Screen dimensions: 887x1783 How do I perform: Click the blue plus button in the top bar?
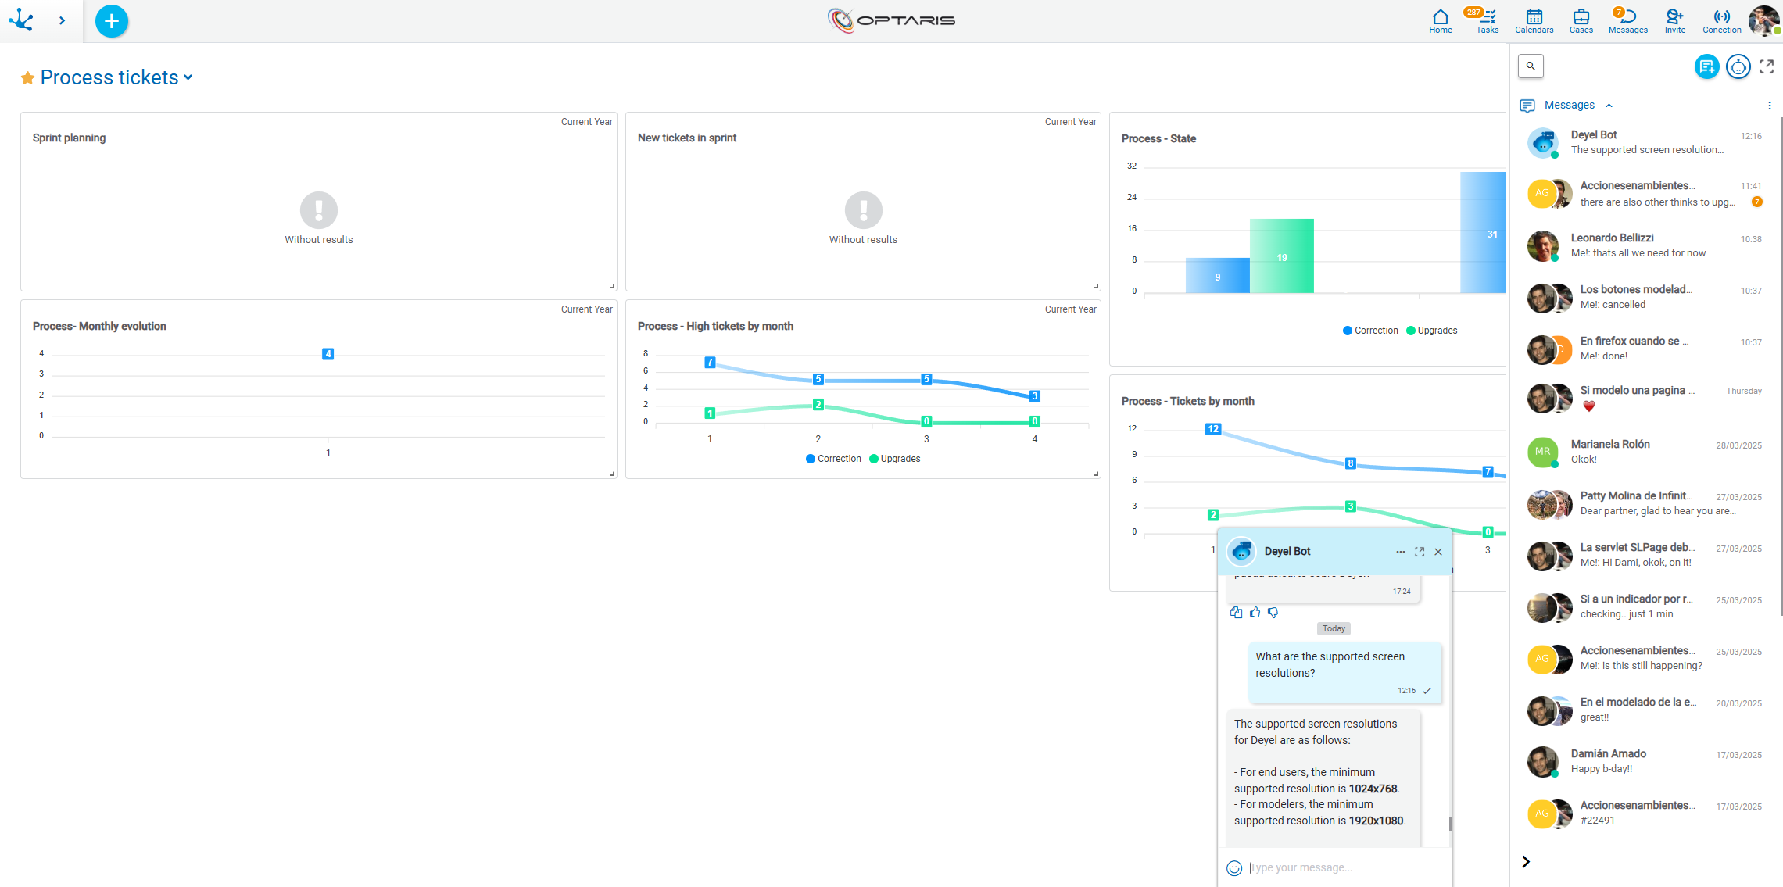[112, 21]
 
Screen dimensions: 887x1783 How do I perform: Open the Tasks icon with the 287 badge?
[1487, 19]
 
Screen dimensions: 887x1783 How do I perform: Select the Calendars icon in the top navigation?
[1534, 19]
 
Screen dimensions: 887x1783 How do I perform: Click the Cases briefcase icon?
[1581, 19]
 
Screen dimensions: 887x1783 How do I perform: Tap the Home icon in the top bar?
[1440, 19]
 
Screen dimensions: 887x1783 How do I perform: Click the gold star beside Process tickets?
[27, 78]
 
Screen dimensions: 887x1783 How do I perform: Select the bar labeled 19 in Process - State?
[1281, 256]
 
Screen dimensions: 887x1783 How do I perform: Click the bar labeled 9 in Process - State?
[1217, 276]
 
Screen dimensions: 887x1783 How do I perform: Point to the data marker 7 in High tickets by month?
[710, 363]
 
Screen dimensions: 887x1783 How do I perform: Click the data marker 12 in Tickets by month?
[1212, 429]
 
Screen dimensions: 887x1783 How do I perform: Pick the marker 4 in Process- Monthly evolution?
[328, 354]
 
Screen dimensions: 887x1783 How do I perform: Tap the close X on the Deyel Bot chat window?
[1438, 552]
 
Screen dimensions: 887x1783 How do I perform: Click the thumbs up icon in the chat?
[1255, 613]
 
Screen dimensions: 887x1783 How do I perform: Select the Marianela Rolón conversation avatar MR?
[1542, 452]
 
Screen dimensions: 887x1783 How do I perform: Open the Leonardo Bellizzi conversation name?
[1612, 238]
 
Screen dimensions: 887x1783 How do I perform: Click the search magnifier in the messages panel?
[1531, 66]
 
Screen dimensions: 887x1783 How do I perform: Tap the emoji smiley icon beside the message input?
[1234, 868]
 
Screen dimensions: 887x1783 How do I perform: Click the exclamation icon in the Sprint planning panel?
[319, 209]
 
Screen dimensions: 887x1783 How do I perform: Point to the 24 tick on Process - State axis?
[1131, 198]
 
